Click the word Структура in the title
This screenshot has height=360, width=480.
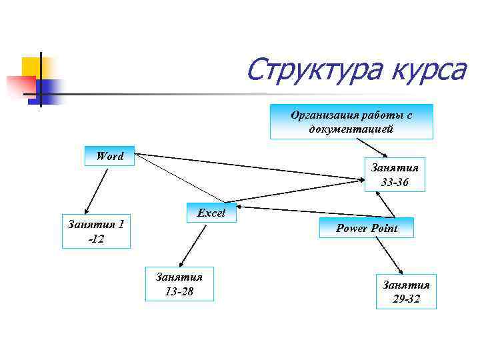click(306, 70)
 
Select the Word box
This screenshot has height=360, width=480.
click(109, 156)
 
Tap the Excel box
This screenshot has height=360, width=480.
click(211, 213)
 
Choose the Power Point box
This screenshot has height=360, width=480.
click(367, 228)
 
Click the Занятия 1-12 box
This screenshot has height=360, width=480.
click(96, 231)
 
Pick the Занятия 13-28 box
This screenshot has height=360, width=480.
click(179, 283)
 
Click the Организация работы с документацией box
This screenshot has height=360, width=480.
click(351, 121)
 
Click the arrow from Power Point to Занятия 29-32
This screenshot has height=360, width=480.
click(389, 256)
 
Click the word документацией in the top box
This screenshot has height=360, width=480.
click(351, 129)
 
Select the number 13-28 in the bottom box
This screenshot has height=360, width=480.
click(179, 291)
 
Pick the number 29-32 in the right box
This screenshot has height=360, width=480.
click(406, 299)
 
